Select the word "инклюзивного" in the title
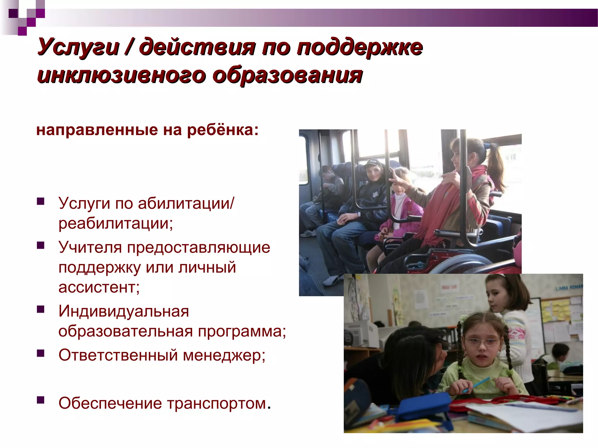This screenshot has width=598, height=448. [x=121, y=75]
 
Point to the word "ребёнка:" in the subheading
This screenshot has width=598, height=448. [x=223, y=130]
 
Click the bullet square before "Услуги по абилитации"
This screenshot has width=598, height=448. [x=41, y=201]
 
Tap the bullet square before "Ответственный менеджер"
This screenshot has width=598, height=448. [x=41, y=353]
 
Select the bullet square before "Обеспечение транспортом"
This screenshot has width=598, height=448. [x=41, y=400]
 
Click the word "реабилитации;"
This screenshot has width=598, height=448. [x=116, y=224]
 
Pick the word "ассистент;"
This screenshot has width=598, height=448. [x=99, y=287]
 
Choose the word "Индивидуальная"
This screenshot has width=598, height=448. [x=124, y=311]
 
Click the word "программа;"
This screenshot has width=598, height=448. [x=242, y=331]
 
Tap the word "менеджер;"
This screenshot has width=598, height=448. [x=224, y=355]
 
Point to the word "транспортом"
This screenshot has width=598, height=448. [x=216, y=404]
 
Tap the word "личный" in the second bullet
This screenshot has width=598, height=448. [x=207, y=267]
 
